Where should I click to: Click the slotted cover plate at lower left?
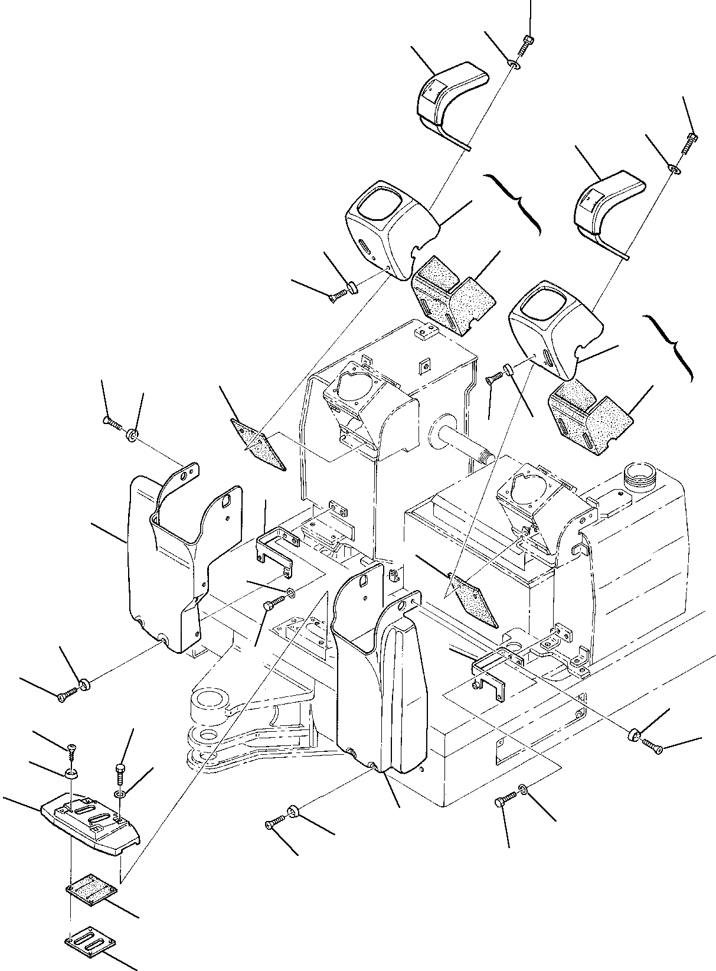point(91,815)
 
